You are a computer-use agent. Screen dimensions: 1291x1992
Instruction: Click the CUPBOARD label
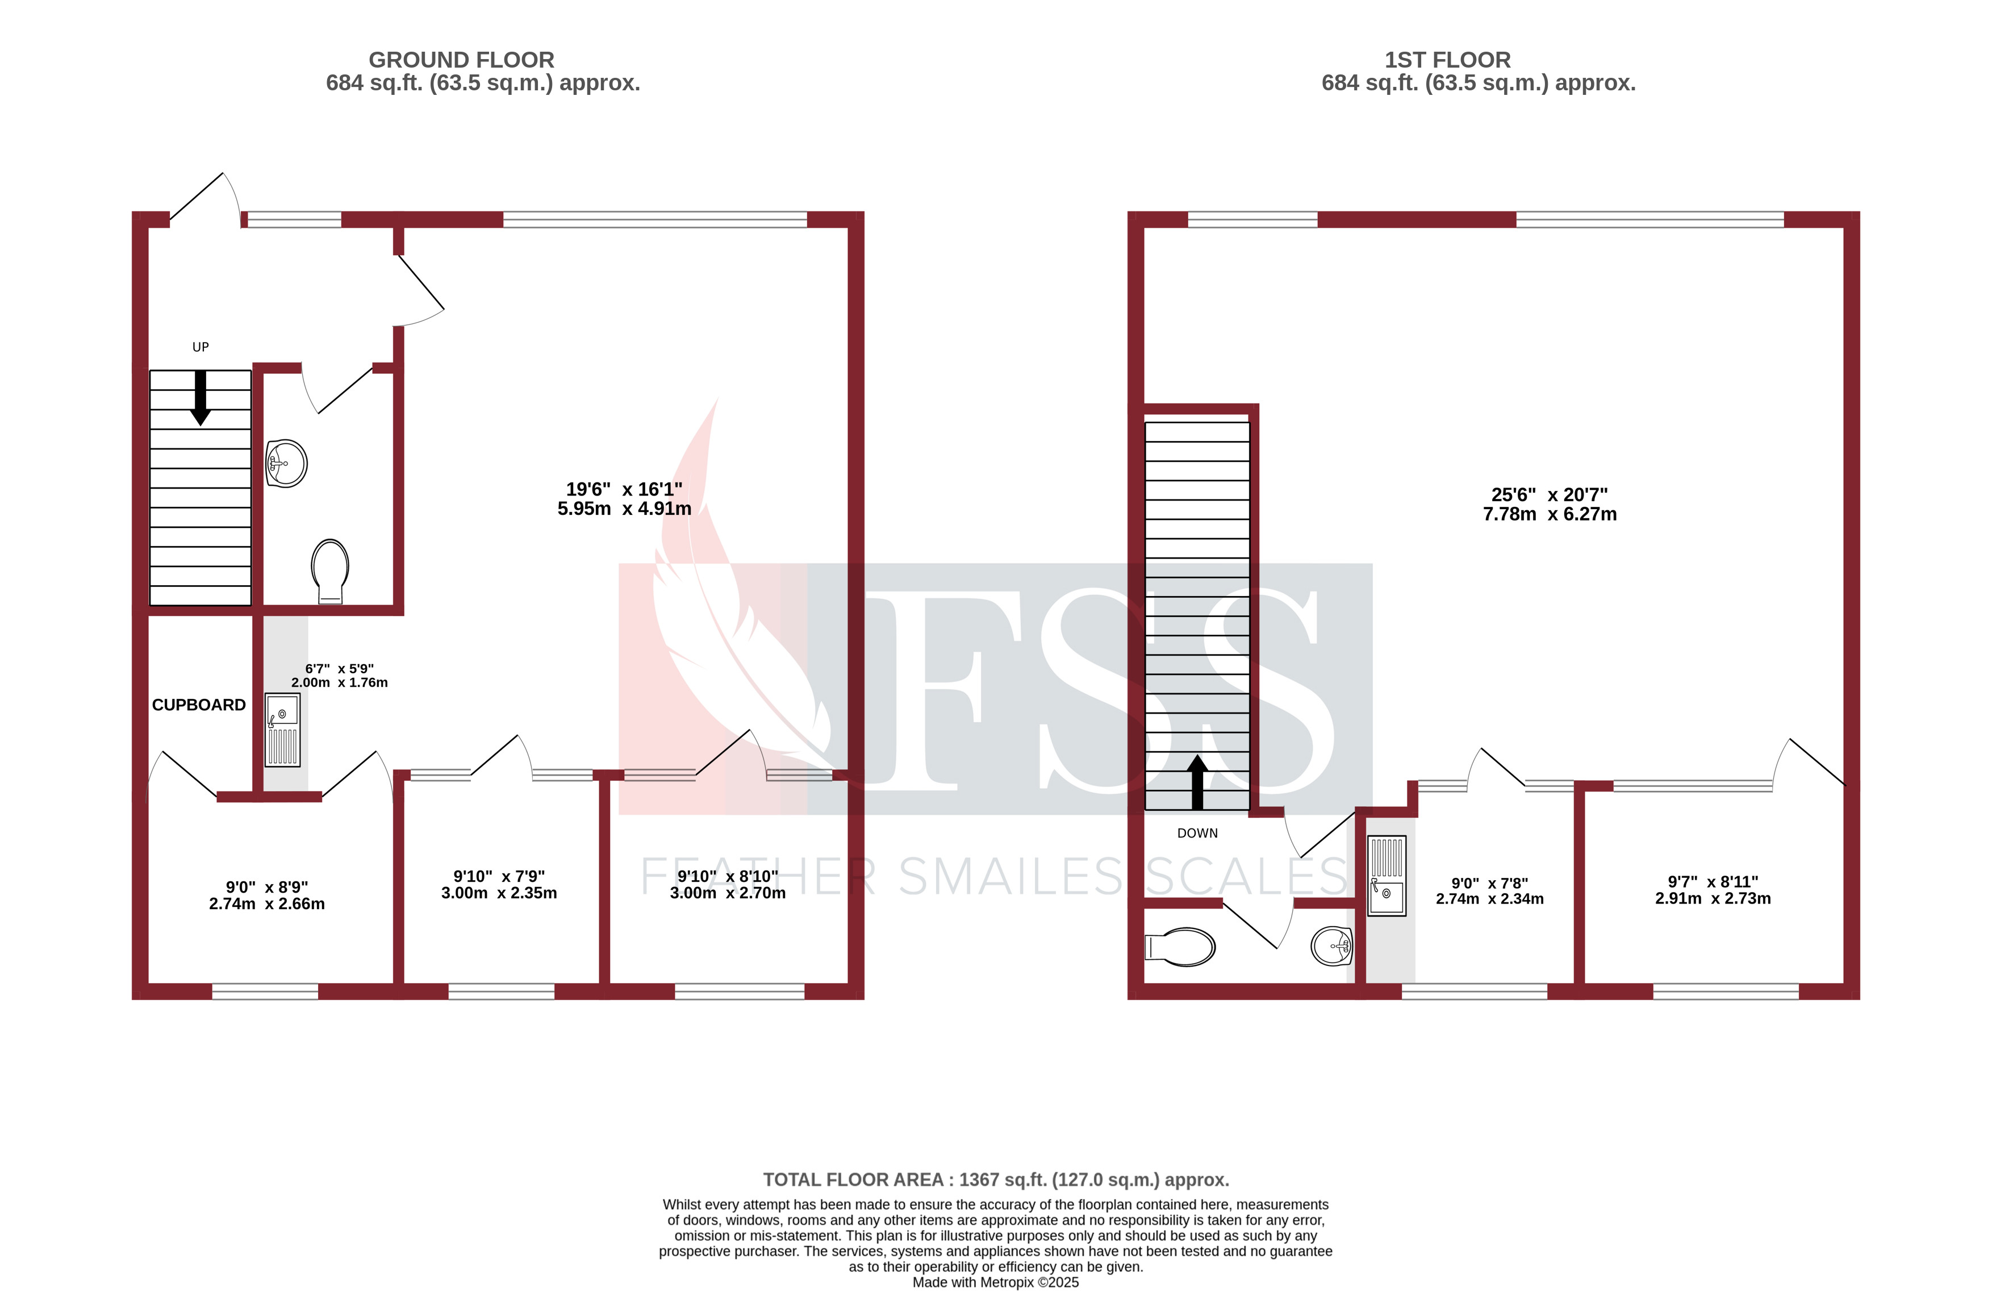tap(198, 705)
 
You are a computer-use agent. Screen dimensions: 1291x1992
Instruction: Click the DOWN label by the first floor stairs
tap(1197, 833)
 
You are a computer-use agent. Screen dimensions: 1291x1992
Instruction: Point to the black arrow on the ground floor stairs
tap(200, 398)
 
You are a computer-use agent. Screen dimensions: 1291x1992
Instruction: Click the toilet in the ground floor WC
tap(330, 569)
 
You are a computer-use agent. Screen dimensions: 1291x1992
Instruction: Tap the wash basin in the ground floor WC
tap(286, 464)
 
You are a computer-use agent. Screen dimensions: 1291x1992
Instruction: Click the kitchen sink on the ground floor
tap(282, 729)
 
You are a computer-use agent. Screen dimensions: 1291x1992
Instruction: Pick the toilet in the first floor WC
tap(1180, 947)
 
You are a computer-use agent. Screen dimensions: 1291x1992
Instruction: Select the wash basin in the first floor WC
tap(1331, 946)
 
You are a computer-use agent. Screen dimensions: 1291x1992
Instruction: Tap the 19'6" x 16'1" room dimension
tap(624, 499)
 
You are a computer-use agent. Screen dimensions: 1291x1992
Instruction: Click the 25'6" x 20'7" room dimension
tap(1550, 505)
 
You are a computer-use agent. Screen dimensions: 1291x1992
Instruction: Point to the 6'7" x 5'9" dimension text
tap(339, 676)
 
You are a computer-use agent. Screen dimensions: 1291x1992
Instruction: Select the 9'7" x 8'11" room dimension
tap(1713, 890)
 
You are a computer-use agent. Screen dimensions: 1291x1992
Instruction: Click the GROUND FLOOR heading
tap(461, 60)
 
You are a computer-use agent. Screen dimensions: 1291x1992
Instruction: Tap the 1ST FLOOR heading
tap(1447, 60)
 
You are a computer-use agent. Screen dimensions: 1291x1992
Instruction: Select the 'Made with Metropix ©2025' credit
tap(995, 1282)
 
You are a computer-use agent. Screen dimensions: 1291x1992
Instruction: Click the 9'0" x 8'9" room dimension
tap(267, 895)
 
